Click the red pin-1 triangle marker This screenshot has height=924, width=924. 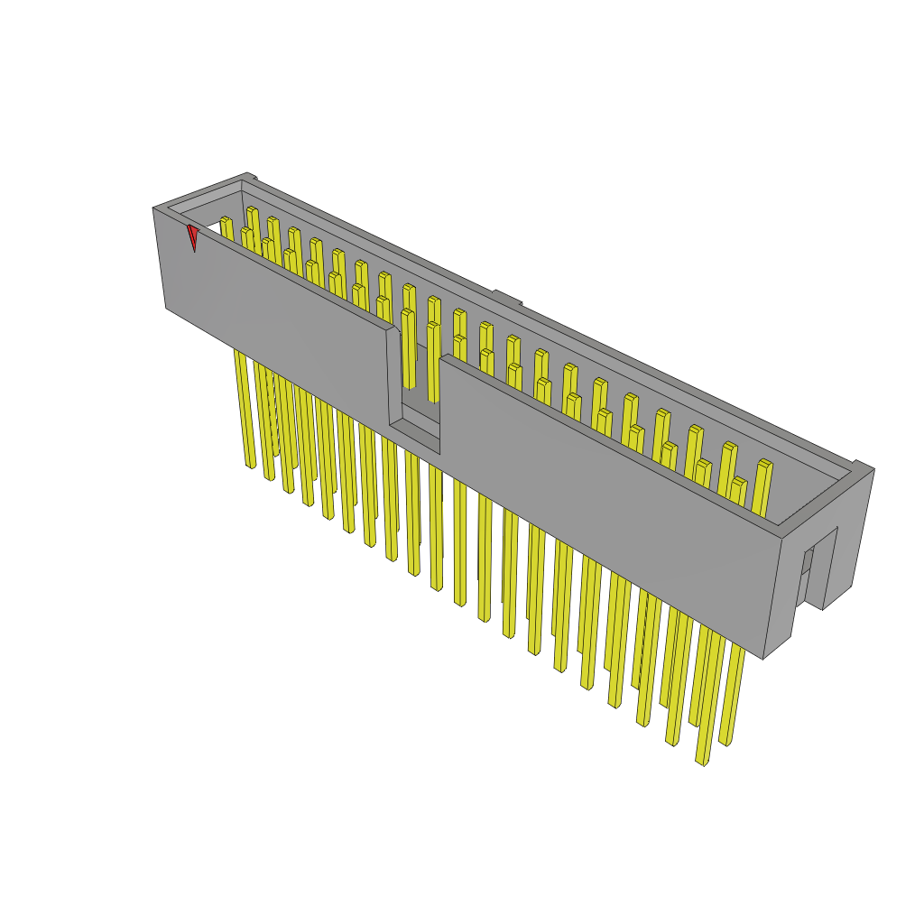click(192, 236)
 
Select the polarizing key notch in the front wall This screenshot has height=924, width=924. click(413, 388)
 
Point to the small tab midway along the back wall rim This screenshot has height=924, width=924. click(507, 297)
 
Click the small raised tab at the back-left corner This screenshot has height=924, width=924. click(251, 177)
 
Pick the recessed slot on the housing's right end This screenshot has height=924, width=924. click(807, 568)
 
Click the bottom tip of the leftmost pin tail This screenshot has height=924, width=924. click(250, 467)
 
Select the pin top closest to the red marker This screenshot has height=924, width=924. click(226, 220)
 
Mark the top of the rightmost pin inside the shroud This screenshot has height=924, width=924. click(765, 464)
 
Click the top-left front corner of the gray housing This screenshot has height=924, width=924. click(154, 210)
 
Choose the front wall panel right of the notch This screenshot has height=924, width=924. click(605, 487)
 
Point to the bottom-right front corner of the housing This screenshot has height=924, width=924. click(763, 658)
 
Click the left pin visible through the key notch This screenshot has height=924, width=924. click(408, 347)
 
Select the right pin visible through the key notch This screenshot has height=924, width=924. click(433, 361)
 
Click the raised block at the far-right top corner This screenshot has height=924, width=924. click(864, 467)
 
